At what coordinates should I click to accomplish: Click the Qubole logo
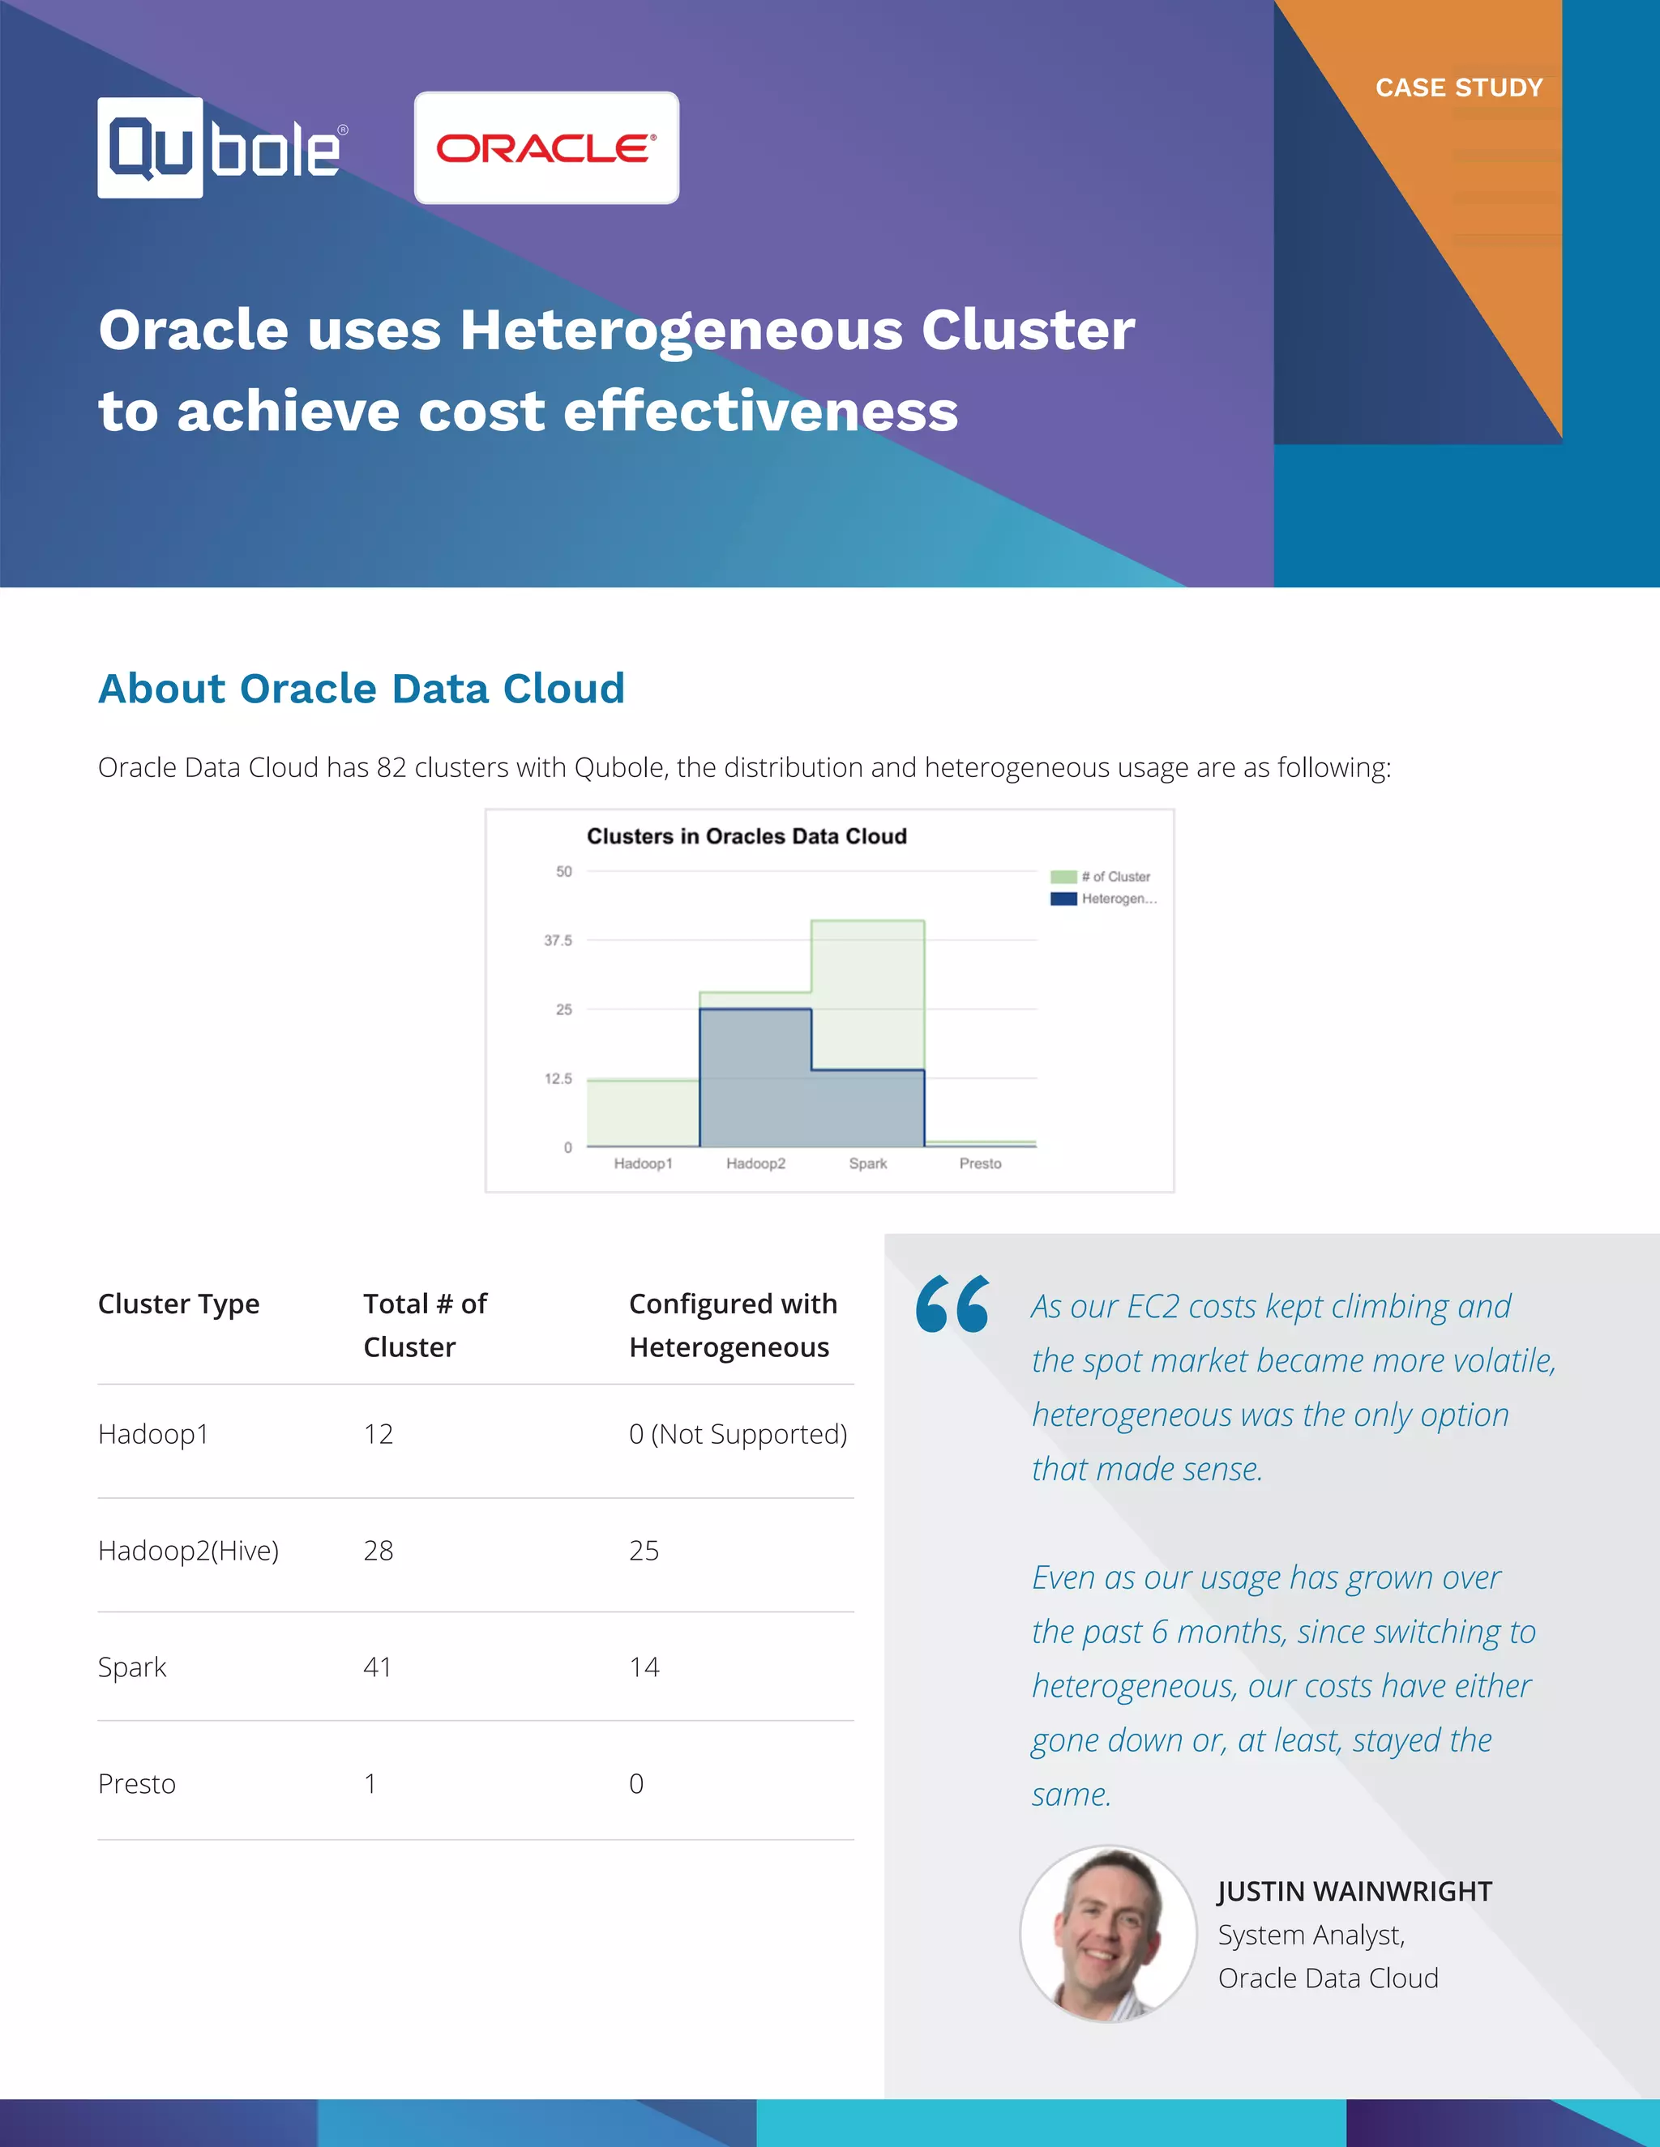pyautogui.click(x=221, y=148)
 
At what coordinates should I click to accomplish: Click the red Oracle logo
pyautogui.click(x=545, y=148)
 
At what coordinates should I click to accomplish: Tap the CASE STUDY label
pyautogui.click(x=1458, y=88)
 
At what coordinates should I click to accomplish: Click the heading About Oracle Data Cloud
pyautogui.click(x=361, y=688)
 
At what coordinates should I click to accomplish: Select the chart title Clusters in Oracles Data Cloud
pyautogui.click(x=747, y=837)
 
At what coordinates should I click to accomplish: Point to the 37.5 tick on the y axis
pyautogui.click(x=558, y=941)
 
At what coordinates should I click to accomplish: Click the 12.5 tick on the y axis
pyautogui.click(x=558, y=1078)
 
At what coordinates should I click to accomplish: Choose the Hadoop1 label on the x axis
pyautogui.click(x=643, y=1163)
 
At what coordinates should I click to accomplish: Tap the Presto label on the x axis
pyautogui.click(x=979, y=1163)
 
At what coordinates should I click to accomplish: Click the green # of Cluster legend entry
pyautogui.click(x=1102, y=876)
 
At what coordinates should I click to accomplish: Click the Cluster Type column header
pyautogui.click(x=179, y=1304)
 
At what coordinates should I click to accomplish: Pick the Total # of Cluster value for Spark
pyautogui.click(x=378, y=1667)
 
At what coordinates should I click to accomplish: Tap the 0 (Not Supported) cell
pyautogui.click(x=738, y=1434)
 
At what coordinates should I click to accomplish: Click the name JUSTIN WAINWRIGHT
pyautogui.click(x=1354, y=1892)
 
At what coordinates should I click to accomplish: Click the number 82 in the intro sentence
pyautogui.click(x=391, y=768)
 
